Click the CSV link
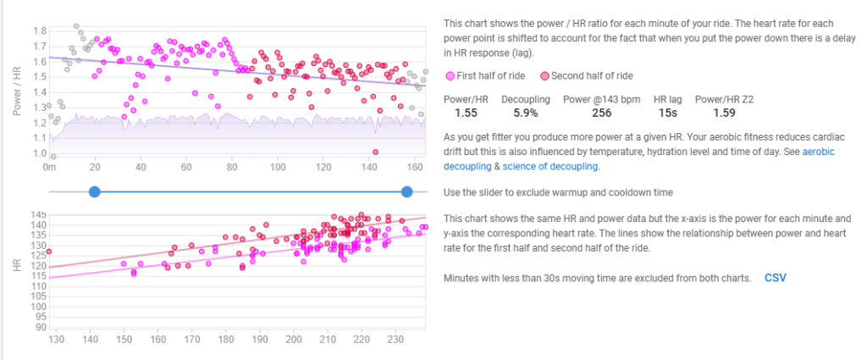[775, 278]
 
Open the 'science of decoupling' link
[550, 166]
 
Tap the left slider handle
[95, 192]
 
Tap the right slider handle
[407, 192]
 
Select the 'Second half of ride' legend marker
[545, 75]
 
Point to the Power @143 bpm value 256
[602, 113]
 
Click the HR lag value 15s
[666, 113]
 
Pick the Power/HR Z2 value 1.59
[724, 113]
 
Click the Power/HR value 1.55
[467, 113]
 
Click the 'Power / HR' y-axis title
[18, 93]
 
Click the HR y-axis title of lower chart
[18, 266]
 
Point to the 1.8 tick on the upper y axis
[38, 30]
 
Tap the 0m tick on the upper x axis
[49, 167]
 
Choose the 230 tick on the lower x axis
[395, 339]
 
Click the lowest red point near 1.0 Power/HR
[375, 152]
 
